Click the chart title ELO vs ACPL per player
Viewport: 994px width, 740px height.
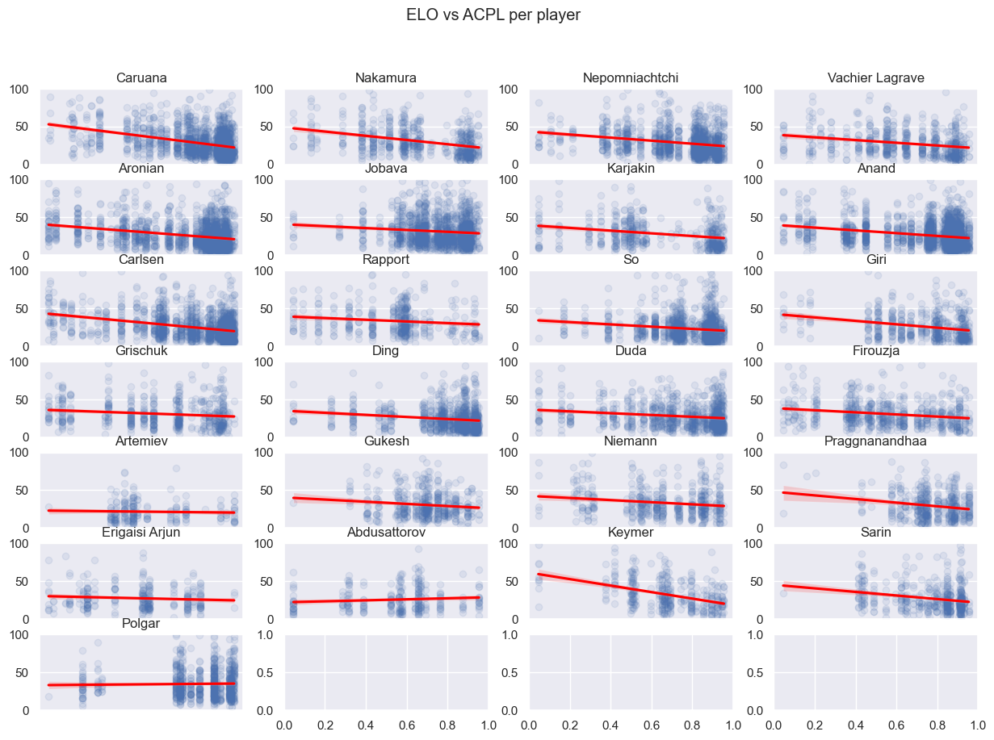click(493, 15)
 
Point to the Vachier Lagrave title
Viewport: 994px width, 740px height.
click(875, 78)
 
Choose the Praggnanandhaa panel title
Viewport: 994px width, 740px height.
click(875, 441)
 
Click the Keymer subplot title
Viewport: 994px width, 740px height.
click(631, 533)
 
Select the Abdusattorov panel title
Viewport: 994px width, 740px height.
click(386, 533)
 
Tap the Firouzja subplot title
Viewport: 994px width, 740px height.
click(875, 351)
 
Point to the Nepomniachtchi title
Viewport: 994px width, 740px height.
click(631, 78)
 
